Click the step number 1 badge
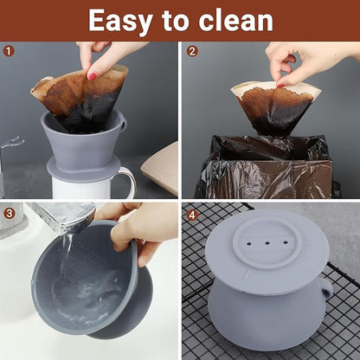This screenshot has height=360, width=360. click(10, 51)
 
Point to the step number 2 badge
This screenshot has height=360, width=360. click(192, 51)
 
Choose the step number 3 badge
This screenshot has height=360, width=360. click(10, 213)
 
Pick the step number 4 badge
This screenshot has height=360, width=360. click(192, 213)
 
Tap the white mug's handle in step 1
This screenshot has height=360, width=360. click(128, 181)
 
